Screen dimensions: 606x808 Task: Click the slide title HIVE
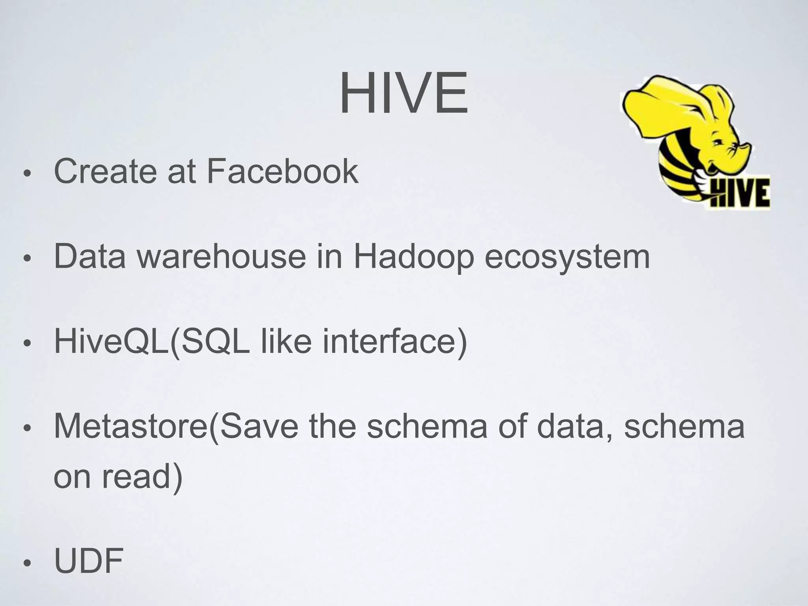[404, 94]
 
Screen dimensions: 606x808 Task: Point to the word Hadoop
[413, 257]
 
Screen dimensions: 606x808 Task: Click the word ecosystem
[567, 257]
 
